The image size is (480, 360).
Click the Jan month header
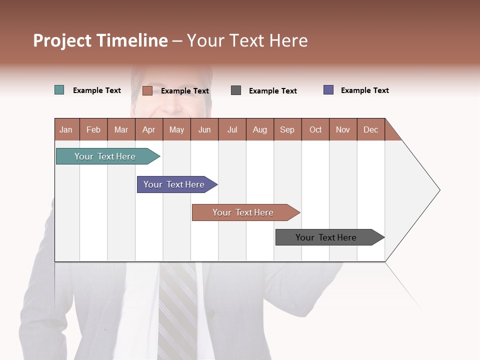[x=66, y=129]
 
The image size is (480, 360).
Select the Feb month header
[x=93, y=129]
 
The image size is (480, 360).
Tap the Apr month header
[x=149, y=129]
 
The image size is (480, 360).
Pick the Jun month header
[x=204, y=129]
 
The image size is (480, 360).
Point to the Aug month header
[x=260, y=129]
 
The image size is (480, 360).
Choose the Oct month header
[x=315, y=129]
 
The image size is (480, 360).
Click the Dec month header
[x=371, y=129]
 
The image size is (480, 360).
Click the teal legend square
[x=59, y=90]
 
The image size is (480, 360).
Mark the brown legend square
[x=147, y=90]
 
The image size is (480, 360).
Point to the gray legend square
[x=236, y=90]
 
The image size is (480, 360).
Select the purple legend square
[x=328, y=90]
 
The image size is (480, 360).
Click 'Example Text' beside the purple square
[x=364, y=90]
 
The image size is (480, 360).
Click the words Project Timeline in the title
[x=100, y=40]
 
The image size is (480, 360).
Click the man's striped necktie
[x=177, y=310]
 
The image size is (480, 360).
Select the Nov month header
[x=343, y=129]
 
